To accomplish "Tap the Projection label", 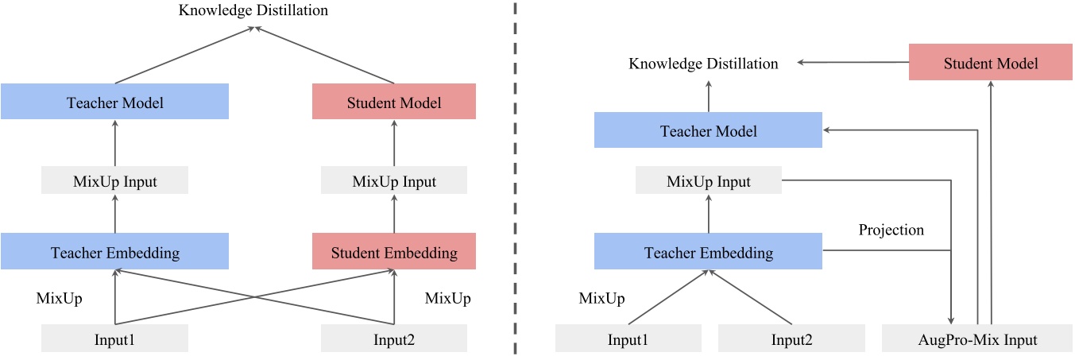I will [891, 230].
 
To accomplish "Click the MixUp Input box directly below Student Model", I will [394, 181].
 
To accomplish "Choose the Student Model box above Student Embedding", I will [394, 103].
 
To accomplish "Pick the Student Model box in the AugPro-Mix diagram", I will [990, 63].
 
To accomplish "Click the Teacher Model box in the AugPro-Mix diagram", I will [708, 130].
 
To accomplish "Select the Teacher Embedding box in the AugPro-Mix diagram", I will [708, 252].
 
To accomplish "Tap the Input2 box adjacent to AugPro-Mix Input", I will [791, 339].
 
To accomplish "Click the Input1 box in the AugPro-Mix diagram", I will [628, 339].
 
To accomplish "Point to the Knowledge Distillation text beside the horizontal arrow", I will [703, 63].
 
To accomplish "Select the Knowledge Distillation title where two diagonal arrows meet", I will [253, 10].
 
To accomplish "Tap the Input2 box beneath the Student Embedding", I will [394, 339].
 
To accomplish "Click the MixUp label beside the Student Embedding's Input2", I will [447, 298].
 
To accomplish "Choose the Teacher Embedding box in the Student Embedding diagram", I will [114, 252].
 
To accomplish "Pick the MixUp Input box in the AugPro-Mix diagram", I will [708, 181].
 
